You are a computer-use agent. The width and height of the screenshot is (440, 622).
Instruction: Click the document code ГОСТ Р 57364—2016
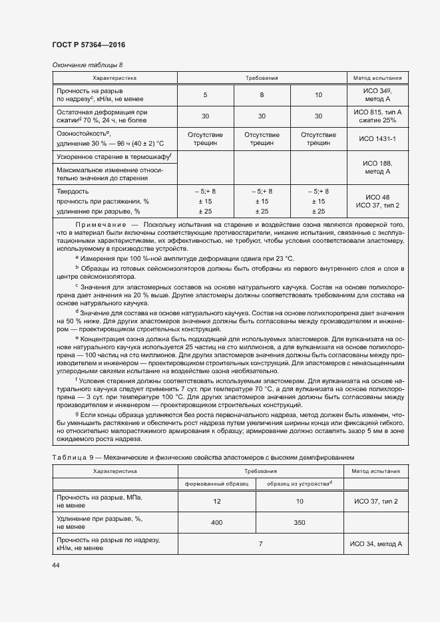88,45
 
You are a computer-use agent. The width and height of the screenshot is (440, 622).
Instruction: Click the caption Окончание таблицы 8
87,65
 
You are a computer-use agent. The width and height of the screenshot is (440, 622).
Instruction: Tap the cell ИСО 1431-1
377,138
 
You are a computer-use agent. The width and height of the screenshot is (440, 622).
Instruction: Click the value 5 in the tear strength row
205,94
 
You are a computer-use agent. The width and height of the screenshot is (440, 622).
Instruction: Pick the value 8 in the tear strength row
262,94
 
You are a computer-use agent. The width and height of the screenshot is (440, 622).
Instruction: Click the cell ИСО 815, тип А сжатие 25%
377,116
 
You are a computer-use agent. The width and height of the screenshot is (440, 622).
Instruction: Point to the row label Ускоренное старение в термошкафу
114,157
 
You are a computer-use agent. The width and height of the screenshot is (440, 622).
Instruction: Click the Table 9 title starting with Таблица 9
203,458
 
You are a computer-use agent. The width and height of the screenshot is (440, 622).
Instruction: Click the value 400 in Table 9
216,523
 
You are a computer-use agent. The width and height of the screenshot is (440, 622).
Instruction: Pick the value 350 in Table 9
300,523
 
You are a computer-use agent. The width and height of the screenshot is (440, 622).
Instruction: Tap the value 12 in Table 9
216,500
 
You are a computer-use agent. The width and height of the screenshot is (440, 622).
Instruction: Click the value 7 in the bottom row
260,544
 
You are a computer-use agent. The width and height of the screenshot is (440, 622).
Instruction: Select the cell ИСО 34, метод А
377,544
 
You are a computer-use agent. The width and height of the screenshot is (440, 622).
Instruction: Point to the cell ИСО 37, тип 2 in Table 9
377,500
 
